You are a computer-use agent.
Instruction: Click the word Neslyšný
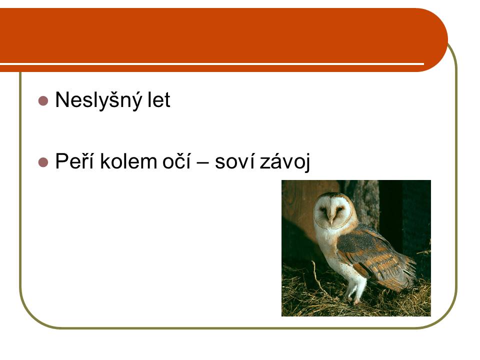pyautogui.click(x=98, y=100)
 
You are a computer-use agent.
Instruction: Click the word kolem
pyautogui.click(x=128, y=161)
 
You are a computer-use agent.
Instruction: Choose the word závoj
pyautogui.click(x=284, y=161)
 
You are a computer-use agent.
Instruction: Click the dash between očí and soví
pyautogui.click(x=202, y=162)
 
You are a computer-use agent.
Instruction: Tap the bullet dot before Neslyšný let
pyautogui.click(x=43, y=101)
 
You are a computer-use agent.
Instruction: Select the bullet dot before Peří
pyautogui.click(x=43, y=162)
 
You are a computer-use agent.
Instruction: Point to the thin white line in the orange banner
pyautogui.click(x=212, y=64)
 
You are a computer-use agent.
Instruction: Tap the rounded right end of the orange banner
pyautogui.click(x=438, y=40)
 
